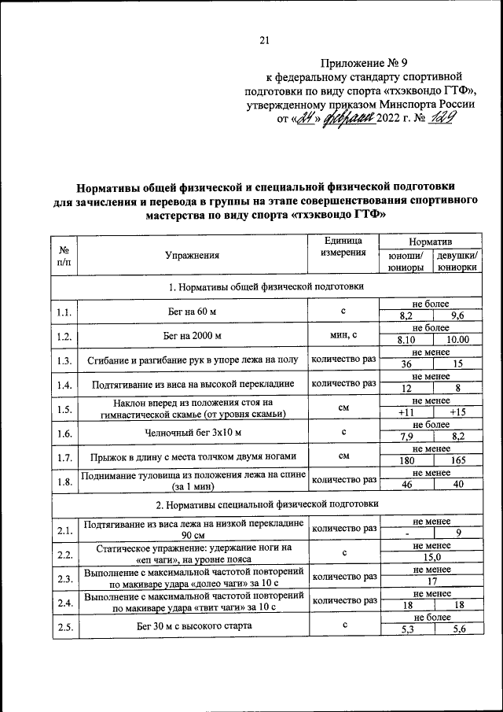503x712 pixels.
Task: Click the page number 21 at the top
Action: click(x=264, y=41)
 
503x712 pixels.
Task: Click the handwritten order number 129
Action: click(x=445, y=119)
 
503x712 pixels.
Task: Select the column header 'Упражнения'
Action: click(x=192, y=255)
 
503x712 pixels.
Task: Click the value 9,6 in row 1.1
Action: click(x=457, y=315)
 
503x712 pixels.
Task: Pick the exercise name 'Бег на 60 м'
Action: click(x=192, y=312)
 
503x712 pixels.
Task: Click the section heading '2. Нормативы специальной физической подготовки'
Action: click(x=267, y=503)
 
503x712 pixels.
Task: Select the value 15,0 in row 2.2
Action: click(x=431, y=556)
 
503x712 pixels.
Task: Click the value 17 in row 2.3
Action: click(x=431, y=581)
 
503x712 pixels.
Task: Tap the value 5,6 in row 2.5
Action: click(x=457, y=629)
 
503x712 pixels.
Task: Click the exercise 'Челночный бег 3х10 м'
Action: click(x=192, y=432)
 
